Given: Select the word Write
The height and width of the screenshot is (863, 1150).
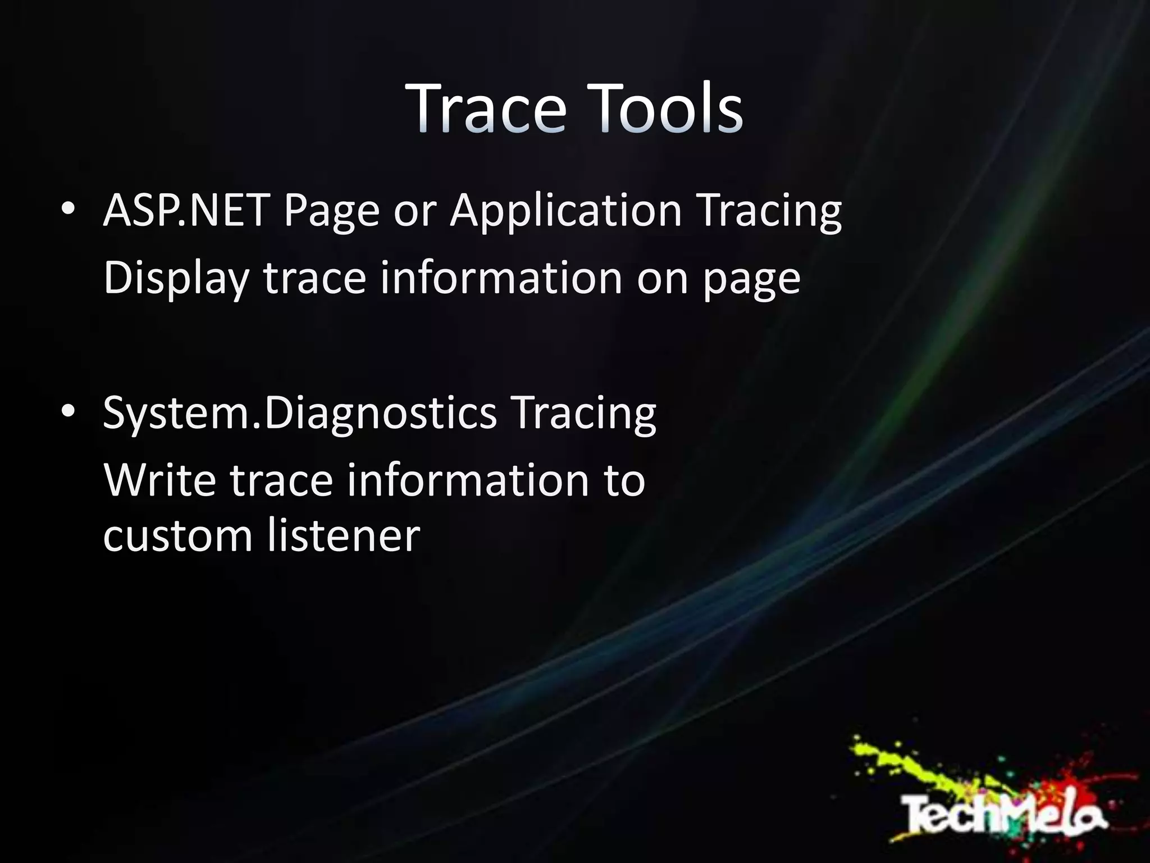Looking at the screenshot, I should click(x=160, y=480).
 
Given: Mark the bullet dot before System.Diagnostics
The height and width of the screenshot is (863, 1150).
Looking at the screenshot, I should click(x=68, y=412).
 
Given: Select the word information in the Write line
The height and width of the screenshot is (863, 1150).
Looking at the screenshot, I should click(x=468, y=480).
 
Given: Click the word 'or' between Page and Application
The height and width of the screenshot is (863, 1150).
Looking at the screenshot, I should click(x=415, y=211).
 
